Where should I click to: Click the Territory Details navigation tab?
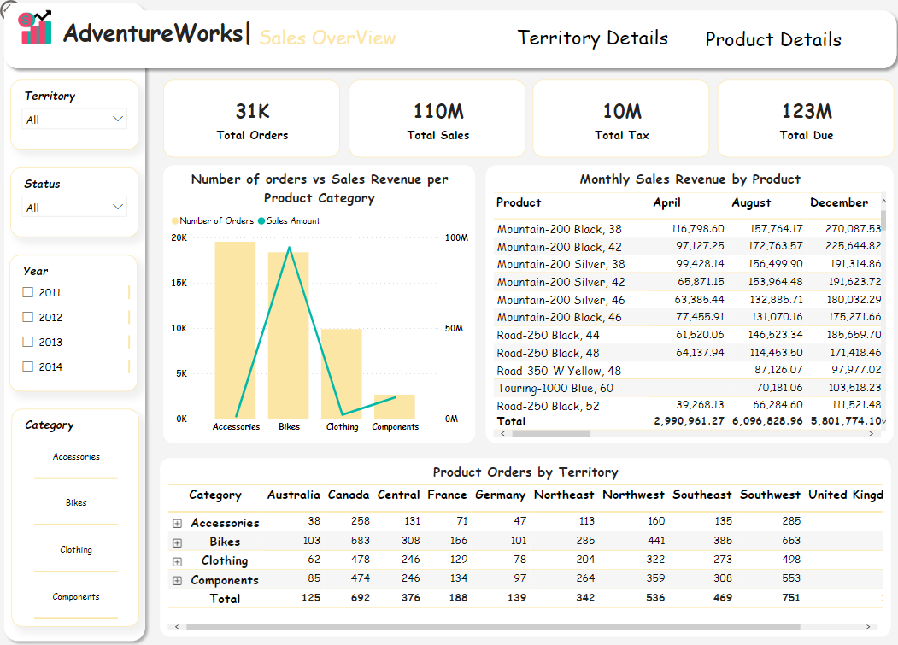click(x=592, y=38)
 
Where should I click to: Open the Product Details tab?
click(x=772, y=39)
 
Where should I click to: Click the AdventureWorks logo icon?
click(x=35, y=28)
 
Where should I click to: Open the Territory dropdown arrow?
click(x=119, y=120)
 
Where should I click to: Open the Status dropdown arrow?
click(x=119, y=208)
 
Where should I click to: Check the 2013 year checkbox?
click(x=28, y=342)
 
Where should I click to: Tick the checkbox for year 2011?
click(x=28, y=292)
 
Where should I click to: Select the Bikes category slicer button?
click(x=76, y=503)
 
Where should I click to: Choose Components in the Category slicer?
click(x=76, y=597)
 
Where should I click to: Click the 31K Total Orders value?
click(x=252, y=111)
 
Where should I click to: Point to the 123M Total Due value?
click(x=806, y=111)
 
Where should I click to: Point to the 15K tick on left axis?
click(x=180, y=283)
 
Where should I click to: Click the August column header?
click(x=751, y=202)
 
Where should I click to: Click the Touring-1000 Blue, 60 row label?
click(x=555, y=389)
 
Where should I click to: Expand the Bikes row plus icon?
click(x=177, y=542)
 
